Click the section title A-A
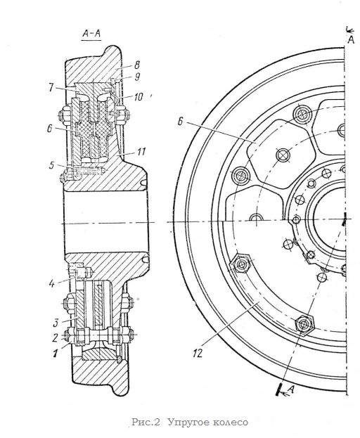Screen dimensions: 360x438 91,34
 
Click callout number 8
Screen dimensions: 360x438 136,65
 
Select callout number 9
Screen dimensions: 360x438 137,77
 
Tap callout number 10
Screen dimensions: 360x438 139,96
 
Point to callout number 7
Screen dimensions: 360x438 51,88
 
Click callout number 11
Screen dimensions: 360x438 141,152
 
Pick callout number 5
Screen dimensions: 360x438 51,165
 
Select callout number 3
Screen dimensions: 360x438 56,323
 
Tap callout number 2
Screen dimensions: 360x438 56,337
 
